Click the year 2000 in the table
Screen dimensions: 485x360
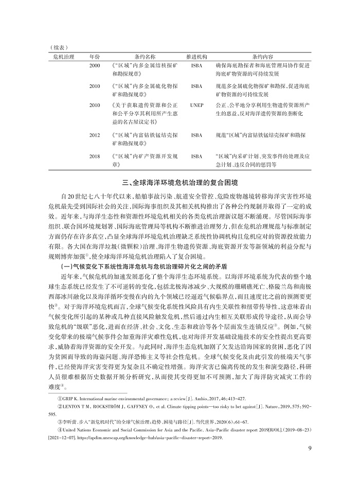[x=95, y=66]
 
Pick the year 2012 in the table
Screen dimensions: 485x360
[x=95, y=135]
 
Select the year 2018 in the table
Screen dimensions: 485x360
[x=95, y=155]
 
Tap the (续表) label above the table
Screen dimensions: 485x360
[x=56, y=46]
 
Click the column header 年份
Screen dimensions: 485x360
[x=95, y=56]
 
